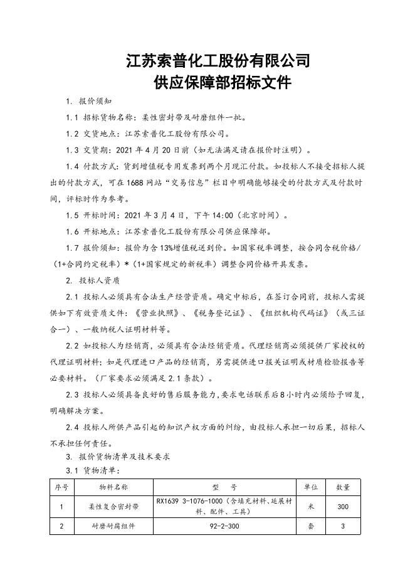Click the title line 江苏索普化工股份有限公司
point(218,61)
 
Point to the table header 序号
point(61,487)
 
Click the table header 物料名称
point(113,487)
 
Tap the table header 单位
point(311,487)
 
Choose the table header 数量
point(343,487)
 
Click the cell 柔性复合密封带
point(113,507)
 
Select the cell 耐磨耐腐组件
point(113,527)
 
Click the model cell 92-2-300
point(225,527)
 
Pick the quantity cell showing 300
point(343,507)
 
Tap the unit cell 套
point(311,527)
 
